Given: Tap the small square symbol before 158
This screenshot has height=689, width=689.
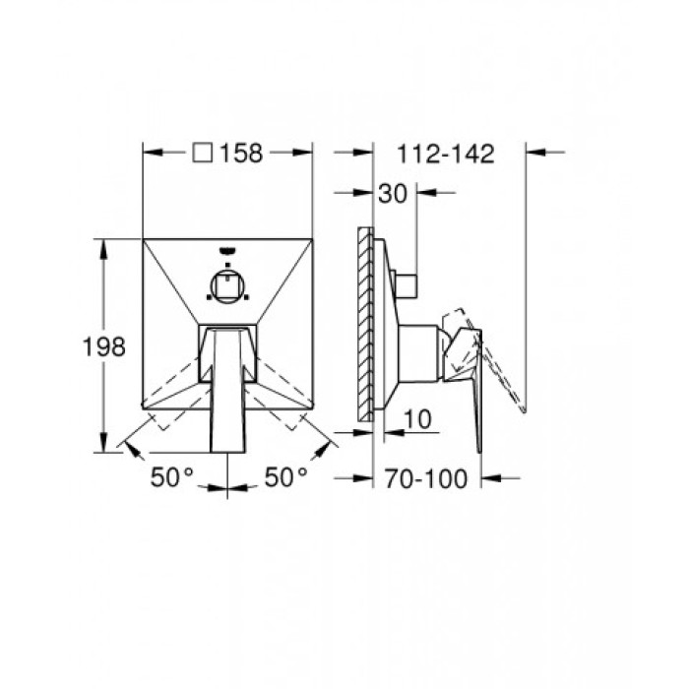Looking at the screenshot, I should tap(204, 153).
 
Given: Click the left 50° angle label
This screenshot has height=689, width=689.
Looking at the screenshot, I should tap(172, 477).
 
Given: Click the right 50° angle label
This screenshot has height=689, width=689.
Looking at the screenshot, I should tap(286, 477).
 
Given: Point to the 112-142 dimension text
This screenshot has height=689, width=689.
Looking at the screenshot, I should tap(446, 153).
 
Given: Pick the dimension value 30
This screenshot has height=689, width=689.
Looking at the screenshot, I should tap(392, 194).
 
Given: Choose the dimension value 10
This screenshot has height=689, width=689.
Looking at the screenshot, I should tap(418, 419).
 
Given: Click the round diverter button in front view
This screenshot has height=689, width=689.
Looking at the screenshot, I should tap(228, 285).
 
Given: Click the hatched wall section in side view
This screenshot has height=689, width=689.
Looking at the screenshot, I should tap(367, 325).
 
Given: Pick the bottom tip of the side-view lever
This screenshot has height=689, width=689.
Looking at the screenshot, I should tap(480, 451).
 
